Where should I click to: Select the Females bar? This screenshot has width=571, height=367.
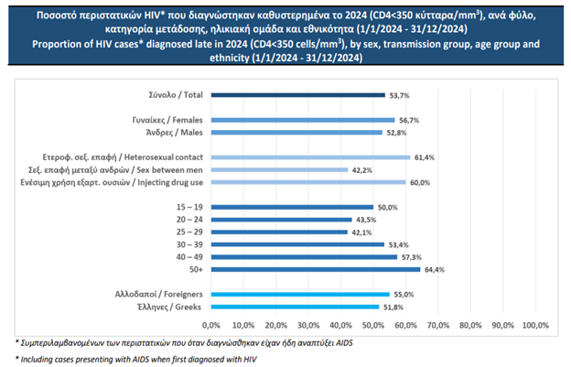coord(302,120)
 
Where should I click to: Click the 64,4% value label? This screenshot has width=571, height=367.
coord(435,269)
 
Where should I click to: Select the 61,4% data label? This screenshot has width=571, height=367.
coord(425,157)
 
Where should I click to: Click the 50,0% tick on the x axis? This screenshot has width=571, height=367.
coord(372,326)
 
